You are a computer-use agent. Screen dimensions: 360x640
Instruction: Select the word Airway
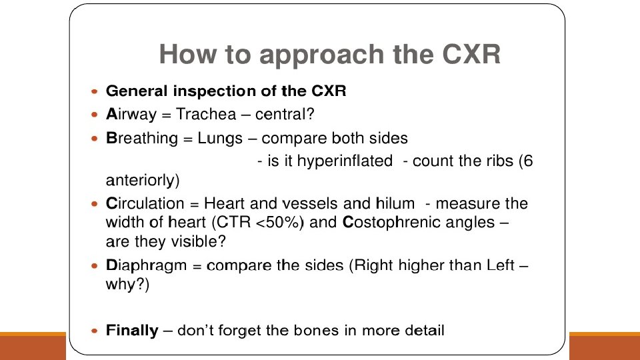[x=131, y=115]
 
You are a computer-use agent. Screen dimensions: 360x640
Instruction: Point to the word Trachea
[x=206, y=115]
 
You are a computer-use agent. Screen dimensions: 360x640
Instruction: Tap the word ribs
[x=499, y=162]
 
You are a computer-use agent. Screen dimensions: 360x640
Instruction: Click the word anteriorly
[x=143, y=180]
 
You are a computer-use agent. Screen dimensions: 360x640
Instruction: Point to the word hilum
[x=395, y=203]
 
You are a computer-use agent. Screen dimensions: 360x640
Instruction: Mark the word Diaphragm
[x=147, y=266]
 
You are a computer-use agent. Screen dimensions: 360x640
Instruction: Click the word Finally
[x=132, y=331]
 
